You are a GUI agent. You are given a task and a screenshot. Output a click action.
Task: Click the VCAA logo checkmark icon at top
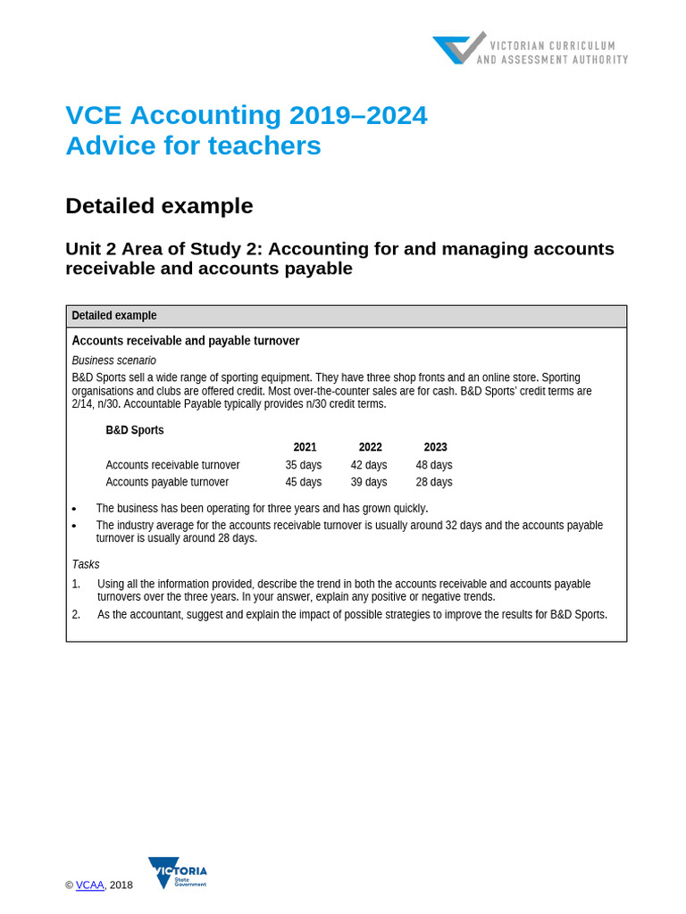(459, 48)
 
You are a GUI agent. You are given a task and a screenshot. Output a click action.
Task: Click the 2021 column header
(305, 447)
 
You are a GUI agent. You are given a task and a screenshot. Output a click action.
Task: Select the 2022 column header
(370, 447)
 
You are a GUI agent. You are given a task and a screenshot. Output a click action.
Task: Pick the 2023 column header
(435, 447)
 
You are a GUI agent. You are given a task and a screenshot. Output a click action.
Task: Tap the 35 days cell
(303, 465)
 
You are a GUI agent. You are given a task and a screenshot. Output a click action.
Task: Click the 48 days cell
(433, 465)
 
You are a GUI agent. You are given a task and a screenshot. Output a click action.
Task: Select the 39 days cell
(368, 482)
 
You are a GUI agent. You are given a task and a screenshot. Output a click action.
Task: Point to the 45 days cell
(303, 482)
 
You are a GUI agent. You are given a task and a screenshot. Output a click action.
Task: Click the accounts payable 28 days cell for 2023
(433, 482)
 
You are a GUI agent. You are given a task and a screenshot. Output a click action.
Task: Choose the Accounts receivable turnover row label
(172, 465)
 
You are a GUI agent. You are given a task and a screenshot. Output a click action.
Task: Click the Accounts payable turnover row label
(167, 482)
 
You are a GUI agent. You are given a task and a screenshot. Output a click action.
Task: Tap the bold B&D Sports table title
(135, 430)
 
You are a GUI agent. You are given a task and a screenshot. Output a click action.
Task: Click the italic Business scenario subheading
(113, 361)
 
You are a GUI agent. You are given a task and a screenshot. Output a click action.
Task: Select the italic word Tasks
(86, 564)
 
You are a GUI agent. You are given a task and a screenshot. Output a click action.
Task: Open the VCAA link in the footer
(89, 885)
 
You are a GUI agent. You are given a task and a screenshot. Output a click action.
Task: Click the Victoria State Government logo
(177, 872)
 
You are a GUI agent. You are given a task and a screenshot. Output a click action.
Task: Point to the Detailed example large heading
(159, 206)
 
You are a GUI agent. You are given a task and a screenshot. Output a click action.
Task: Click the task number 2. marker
(76, 614)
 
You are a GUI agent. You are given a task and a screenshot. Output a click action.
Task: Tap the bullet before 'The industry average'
(74, 527)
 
